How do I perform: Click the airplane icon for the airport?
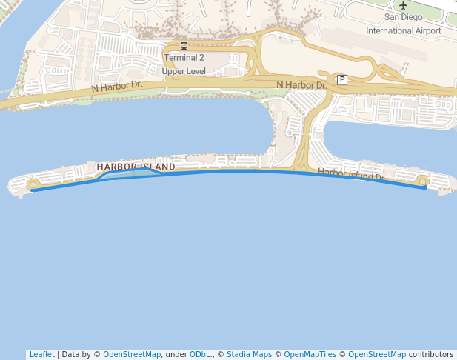(404, 5)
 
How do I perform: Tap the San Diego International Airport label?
(404, 24)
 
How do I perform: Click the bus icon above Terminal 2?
(184, 46)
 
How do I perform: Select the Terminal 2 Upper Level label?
(184, 64)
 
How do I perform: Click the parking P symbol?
(341, 79)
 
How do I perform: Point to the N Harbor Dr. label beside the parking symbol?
(301, 85)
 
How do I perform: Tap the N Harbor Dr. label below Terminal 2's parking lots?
(117, 86)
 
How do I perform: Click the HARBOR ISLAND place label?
(136, 167)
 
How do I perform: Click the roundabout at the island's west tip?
(32, 184)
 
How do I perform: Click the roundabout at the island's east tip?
(422, 181)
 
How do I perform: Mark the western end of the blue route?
(31, 190)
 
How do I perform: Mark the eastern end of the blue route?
(426, 188)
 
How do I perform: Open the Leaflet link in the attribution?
(41, 354)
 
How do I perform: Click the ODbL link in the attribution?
(200, 354)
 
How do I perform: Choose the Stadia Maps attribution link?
(249, 354)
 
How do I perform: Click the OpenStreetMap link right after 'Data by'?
(132, 354)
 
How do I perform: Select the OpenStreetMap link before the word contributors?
(377, 354)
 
